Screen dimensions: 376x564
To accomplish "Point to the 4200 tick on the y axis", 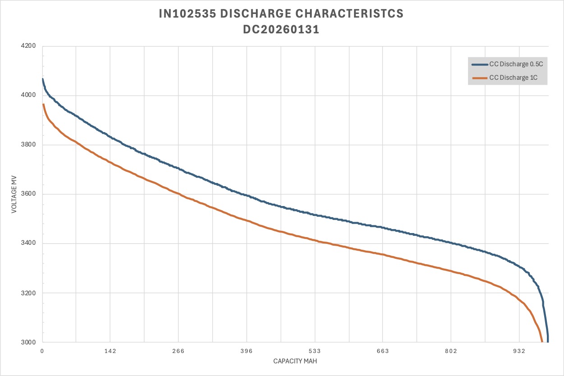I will [x=29, y=46].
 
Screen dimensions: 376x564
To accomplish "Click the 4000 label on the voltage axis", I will [x=29, y=96].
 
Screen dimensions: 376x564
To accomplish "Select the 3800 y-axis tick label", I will [x=29, y=145].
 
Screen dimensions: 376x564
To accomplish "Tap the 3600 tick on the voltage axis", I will [x=29, y=194].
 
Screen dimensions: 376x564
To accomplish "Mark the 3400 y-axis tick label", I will [x=29, y=244].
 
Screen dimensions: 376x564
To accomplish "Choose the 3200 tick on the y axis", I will [x=29, y=293].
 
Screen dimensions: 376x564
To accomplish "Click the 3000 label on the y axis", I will [x=29, y=343].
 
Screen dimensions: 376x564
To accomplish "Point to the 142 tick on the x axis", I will [x=110, y=352].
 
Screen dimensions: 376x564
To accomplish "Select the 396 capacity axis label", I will [x=247, y=352].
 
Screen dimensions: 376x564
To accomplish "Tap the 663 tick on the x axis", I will [x=383, y=352].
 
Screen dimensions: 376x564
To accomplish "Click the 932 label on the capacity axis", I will [x=519, y=352].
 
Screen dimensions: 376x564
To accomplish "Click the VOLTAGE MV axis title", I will [x=14, y=194].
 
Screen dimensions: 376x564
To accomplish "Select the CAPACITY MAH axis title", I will [x=295, y=362].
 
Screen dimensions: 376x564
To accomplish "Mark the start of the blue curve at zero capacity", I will [x=42, y=79].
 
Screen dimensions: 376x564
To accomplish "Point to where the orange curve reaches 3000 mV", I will [x=541, y=342].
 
